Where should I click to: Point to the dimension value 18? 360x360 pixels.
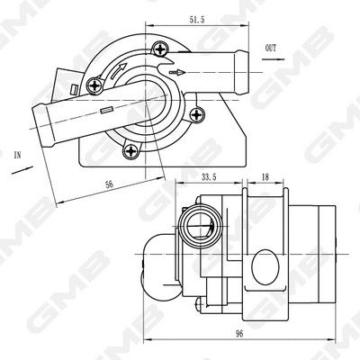coord(265,178)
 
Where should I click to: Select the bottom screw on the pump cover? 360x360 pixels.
coord(132,152)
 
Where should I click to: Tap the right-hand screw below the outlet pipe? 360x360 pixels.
coord(197,113)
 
